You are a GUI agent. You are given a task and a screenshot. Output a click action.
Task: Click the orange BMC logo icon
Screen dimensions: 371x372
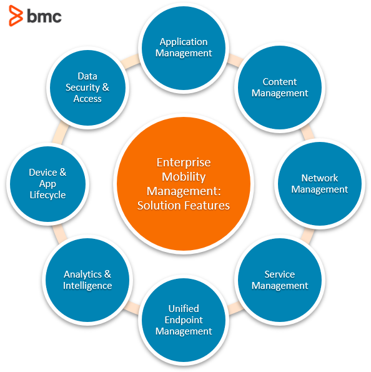(x=16, y=16)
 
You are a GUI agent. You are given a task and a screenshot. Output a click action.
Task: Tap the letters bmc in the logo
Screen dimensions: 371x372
(x=44, y=16)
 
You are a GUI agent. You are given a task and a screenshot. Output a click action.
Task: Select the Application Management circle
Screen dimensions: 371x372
(x=184, y=48)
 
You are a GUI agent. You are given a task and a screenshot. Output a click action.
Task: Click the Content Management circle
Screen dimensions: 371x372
(x=280, y=88)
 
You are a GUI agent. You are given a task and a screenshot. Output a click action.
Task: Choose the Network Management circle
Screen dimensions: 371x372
(x=320, y=184)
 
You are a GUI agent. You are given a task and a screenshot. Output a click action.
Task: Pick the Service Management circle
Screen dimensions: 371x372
(x=280, y=280)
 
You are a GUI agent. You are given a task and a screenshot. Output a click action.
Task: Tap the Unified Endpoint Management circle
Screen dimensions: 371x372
(x=184, y=320)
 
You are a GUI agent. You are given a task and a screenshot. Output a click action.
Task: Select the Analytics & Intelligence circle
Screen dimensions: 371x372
(x=87, y=280)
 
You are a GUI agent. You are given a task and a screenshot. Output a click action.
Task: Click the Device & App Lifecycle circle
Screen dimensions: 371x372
(x=47, y=184)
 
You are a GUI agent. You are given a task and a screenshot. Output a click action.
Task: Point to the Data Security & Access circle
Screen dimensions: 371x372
(x=87, y=88)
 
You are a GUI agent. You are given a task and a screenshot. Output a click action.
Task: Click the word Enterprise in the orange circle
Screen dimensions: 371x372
(x=184, y=163)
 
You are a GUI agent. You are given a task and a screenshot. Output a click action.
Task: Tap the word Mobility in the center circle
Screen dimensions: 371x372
(x=184, y=177)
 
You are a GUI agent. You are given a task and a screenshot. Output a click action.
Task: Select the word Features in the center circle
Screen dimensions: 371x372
(x=207, y=206)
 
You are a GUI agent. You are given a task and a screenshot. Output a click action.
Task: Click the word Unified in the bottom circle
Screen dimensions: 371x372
(x=184, y=309)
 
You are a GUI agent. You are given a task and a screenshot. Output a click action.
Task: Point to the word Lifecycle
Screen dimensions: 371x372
(x=47, y=195)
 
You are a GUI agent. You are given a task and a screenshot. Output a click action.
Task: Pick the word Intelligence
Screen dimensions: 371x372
(x=87, y=286)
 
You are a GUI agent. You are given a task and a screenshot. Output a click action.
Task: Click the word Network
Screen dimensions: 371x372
(x=320, y=178)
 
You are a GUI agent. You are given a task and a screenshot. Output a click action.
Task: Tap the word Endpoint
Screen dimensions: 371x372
(x=184, y=320)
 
